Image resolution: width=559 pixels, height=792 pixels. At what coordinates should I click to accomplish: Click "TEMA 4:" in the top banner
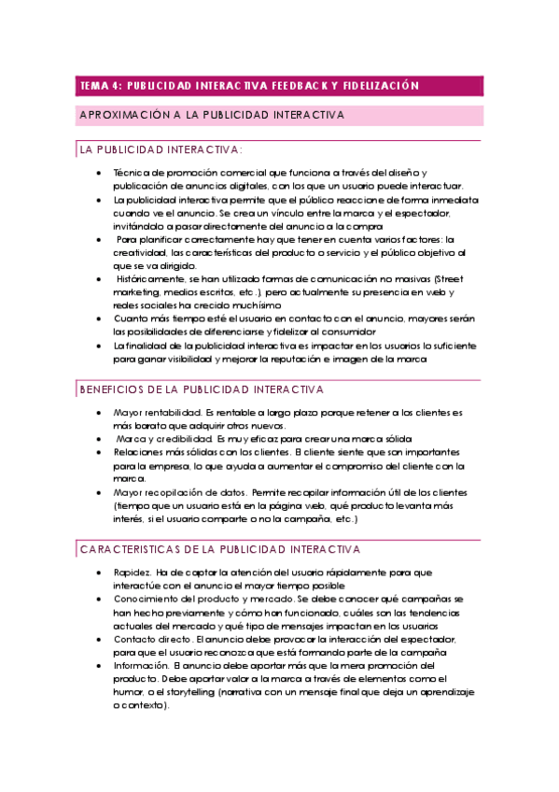(x=100, y=86)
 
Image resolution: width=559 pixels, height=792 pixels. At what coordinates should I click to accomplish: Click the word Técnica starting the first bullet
(x=132, y=173)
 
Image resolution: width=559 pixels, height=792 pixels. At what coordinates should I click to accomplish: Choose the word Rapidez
(x=134, y=573)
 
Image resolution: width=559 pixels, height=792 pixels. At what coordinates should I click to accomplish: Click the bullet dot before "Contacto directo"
(x=100, y=639)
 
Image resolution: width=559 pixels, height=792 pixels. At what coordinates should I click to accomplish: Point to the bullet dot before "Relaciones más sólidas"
(x=100, y=452)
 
